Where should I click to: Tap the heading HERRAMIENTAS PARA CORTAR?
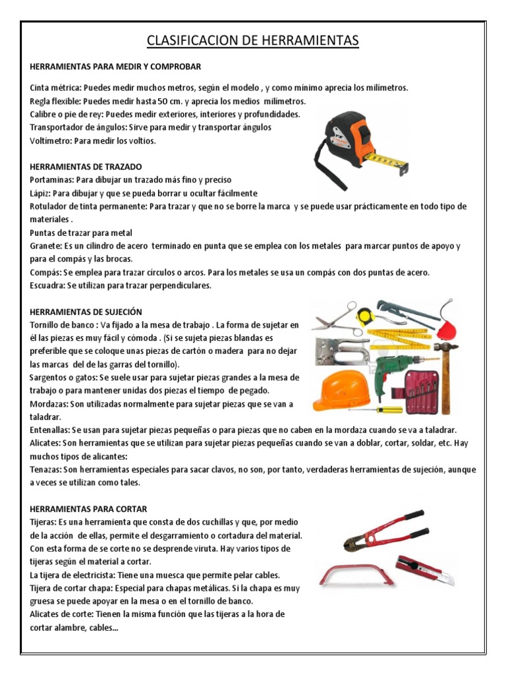tap(88, 509)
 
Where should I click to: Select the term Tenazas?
tap(45, 470)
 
